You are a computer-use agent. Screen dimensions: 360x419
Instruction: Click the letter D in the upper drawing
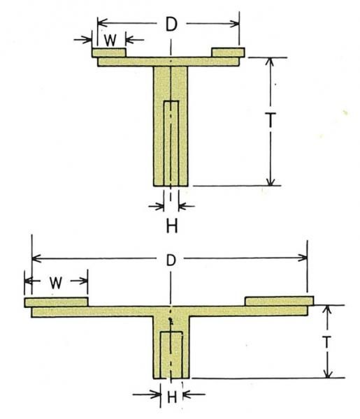point(171,24)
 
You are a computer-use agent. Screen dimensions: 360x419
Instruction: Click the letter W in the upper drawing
point(110,40)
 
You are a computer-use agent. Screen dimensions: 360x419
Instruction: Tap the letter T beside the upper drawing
point(271,119)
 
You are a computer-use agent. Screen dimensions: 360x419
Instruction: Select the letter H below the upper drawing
point(172,226)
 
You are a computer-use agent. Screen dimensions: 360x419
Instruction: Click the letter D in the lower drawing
point(171,260)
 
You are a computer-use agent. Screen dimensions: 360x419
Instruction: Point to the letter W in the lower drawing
point(56,283)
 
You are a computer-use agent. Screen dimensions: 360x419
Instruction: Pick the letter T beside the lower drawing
point(326,341)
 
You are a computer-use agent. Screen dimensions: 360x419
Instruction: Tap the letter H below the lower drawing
point(172,397)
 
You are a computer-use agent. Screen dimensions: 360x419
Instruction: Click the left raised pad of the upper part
point(109,52)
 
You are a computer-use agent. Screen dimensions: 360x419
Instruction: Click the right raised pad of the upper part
point(228,52)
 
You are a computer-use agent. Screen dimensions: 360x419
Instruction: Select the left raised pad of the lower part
point(56,302)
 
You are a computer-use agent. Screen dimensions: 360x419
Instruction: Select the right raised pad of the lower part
point(280,301)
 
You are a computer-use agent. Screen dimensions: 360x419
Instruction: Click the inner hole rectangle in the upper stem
point(171,143)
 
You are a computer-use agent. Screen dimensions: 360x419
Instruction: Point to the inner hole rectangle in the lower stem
point(171,355)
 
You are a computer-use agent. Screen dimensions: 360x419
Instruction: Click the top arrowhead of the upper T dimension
point(271,62)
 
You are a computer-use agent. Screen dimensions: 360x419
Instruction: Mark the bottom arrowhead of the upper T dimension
point(271,181)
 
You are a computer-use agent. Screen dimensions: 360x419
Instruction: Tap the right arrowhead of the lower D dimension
point(303,258)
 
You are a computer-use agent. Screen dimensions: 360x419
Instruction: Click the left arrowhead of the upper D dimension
point(103,22)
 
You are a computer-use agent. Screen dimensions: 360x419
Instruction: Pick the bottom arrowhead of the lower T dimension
point(328,374)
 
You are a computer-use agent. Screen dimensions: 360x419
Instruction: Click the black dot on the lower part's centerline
point(170,319)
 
